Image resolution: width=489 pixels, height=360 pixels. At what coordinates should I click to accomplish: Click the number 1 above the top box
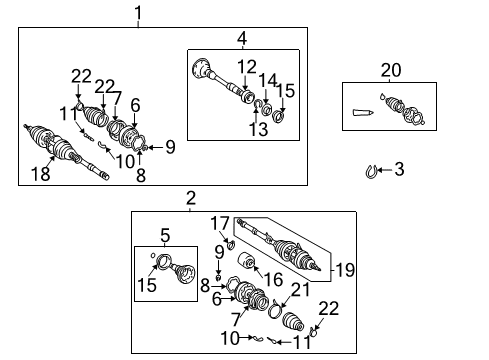(x=138, y=12)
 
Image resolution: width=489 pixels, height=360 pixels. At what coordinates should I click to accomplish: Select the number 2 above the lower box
(x=191, y=200)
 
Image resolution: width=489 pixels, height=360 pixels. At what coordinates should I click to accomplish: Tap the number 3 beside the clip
(x=399, y=170)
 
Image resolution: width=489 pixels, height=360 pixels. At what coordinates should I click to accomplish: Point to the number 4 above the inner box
(x=241, y=39)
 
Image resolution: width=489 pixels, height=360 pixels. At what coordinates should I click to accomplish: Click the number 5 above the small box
(x=165, y=235)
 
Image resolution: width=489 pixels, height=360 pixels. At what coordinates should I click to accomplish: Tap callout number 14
(x=266, y=80)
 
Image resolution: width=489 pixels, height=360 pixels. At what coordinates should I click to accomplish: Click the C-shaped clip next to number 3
(x=372, y=172)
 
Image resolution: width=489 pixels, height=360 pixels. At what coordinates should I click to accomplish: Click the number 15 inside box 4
(x=286, y=91)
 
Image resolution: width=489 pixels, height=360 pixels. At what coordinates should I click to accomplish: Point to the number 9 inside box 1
(x=170, y=147)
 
